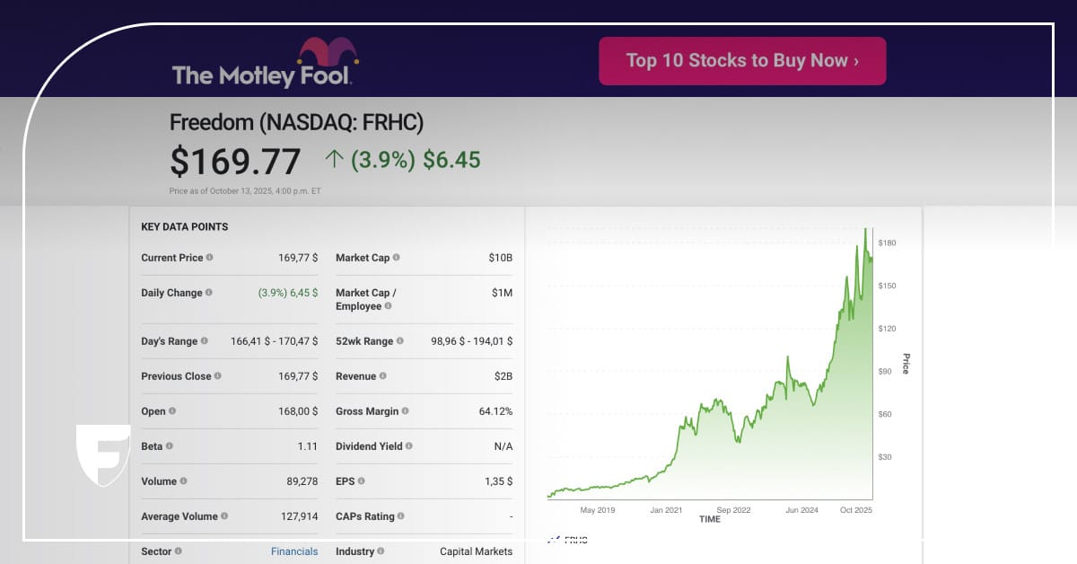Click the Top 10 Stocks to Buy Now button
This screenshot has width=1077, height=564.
click(742, 61)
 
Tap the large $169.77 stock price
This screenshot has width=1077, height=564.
click(235, 162)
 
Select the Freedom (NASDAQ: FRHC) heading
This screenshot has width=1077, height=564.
click(296, 123)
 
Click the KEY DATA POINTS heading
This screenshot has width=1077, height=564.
click(184, 227)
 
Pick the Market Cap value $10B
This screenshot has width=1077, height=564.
click(500, 258)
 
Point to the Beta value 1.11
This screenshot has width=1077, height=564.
click(308, 446)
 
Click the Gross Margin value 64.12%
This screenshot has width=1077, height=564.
click(495, 411)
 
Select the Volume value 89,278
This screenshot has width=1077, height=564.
click(302, 481)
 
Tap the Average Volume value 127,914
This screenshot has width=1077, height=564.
click(299, 516)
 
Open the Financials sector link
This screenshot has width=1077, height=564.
click(294, 551)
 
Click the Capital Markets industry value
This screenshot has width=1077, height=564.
click(476, 551)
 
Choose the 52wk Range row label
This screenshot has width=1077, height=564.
click(363, 341)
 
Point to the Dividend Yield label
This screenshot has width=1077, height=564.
click(368, 446)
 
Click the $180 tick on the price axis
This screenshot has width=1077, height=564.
click(887, 243)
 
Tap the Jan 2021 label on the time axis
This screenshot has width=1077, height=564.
click(666, 510)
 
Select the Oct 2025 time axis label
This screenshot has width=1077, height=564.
click(855, 510)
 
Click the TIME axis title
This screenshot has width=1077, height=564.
click(709, 519)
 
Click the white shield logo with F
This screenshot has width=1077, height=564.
click(102, 454)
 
